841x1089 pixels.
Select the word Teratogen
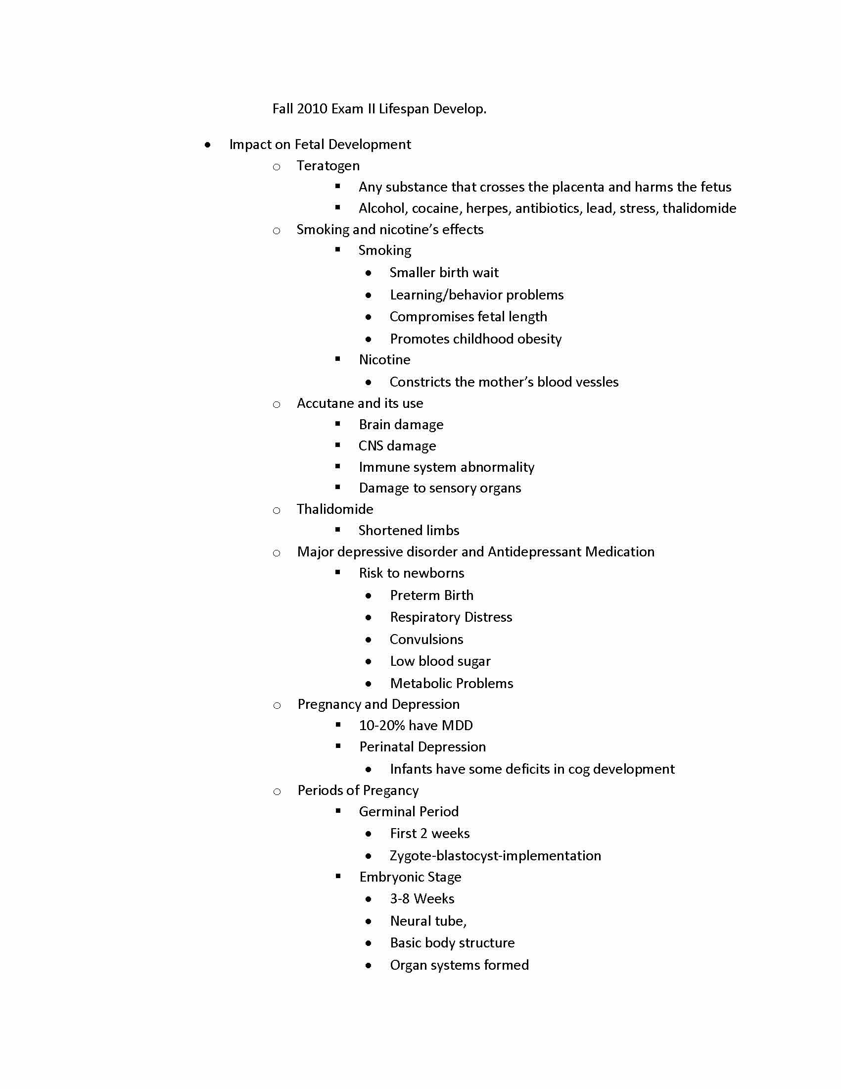pyautogui.click(x=328, y=165)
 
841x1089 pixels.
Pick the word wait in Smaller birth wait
pyautogui.click(x=485, y=273)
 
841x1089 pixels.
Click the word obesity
pyautogui.click(x=540, y=339)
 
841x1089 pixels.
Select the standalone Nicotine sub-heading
pyautogui.click(x=384, y=360)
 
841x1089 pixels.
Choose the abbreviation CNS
pyautogui.click(x=371, y=446)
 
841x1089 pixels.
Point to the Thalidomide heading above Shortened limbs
pyautogui.click(x=335, y=509)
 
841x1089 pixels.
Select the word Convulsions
pyautogui.click(x=426, y=639)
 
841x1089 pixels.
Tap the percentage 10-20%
pyautogui.click(x=381, y=726)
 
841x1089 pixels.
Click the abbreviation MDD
pyautogui.click(x=457, y=726)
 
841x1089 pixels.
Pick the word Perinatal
pyautogui.click(x=388, y=747)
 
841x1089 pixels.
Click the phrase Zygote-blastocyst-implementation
pyautogui.click(x=495, y=856)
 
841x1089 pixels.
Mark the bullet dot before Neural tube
pyautogui.click(x=368, y=922)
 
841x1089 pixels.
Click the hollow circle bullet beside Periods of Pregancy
pyautogui.click(x=277, y=792)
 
